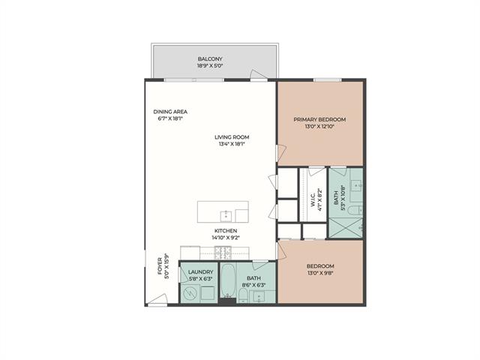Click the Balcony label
coord(210,58)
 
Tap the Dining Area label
coord(170,112)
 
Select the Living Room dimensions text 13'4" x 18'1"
coord(232,144)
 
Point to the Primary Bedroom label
coord(319,119)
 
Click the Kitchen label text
coord(225,231)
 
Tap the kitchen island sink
coord(226,215)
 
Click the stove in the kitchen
coord(223,253)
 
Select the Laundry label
coord(200,271)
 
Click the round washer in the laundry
coord(190,294)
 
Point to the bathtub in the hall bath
coord(227,280)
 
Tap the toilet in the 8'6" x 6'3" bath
coord(242,296)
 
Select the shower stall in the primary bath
coord(345,227)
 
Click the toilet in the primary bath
coord(355,210)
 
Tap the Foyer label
coord(160,266)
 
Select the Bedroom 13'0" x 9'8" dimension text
coord(319,272)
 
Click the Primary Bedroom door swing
coord(282,152)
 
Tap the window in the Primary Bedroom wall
coord(327,80)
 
